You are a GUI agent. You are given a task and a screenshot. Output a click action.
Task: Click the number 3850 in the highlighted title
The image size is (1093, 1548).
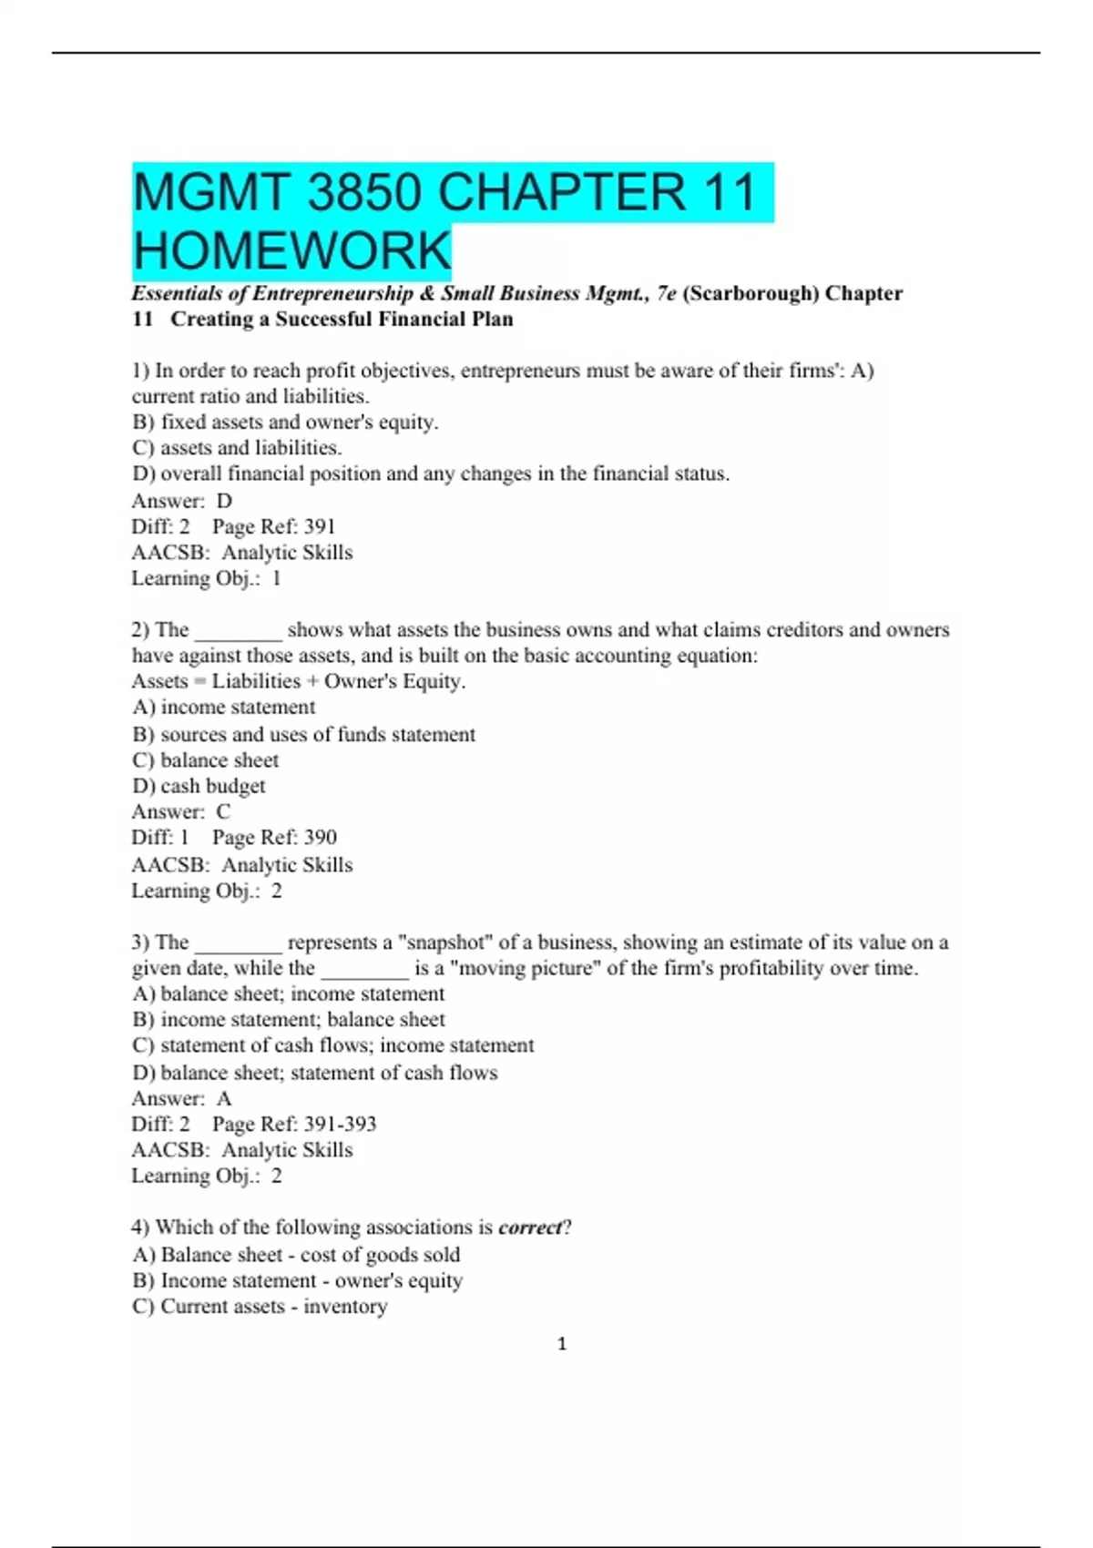tap(364, 193)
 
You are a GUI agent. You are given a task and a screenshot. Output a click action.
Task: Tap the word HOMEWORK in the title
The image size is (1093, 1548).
tap(292, 251)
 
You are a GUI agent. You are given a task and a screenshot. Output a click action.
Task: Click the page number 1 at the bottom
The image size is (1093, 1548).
tap(562, 1343)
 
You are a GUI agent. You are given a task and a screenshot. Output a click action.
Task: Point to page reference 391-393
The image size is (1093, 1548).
tap(340, 1125)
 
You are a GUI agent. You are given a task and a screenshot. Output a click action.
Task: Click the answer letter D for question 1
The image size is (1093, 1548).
tap(224, 501)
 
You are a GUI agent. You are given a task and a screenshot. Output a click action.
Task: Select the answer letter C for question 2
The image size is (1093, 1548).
tap(223, 811)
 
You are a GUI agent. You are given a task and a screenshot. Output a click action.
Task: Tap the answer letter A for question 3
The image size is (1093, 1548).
tap(224, 1098)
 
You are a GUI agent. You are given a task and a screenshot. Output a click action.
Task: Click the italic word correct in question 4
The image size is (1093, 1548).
tap(531, 1227)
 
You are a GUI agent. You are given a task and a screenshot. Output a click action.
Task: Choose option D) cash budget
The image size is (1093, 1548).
tap(199, 786)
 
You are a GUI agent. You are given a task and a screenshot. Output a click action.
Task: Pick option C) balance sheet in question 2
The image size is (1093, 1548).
tap(205, 760)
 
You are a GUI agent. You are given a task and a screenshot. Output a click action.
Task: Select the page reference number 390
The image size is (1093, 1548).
tap(320, 838)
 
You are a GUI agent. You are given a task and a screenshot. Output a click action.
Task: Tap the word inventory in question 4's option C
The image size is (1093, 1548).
tap(345, 1307)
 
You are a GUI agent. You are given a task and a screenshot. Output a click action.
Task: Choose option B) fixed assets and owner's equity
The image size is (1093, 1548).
tap(285, 423)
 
